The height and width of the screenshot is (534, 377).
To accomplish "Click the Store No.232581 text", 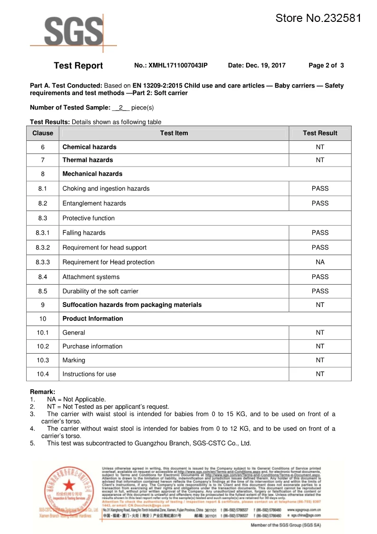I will pyautogui.click(x=318, y=19).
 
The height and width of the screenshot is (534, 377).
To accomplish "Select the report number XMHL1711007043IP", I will pyautogui.click(x=171, y=66).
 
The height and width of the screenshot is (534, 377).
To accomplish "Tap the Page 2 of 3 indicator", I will pyautogui.click(x=326, y=66).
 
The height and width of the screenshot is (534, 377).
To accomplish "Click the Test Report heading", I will pyautogui.click(x=78, y=66).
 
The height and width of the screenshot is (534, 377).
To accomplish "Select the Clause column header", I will pyautogui.click(x=43, y=133).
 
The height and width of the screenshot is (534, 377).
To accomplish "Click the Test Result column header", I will pyautogui.click(x=320, y=133).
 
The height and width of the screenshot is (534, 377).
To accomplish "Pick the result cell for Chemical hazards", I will pyautogui.click(x=320, y=147).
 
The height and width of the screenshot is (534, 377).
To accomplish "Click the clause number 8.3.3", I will pyautogui.click(x=43, y=262).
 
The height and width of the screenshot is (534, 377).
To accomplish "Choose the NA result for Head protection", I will pyautogui.click(x=320, y=262).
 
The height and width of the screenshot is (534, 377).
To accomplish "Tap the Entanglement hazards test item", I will pyautogui.click(x=94, y=203).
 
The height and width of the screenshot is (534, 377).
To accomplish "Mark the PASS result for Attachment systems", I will pyautogui.click(x=320, y=277).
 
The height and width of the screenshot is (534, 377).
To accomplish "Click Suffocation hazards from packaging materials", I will pyautogui.click(x=132, y=305).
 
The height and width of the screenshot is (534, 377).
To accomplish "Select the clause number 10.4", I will pyautogui.click(x=43, y=374).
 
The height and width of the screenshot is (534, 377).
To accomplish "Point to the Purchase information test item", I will pyautogui.click(x=92, y=346).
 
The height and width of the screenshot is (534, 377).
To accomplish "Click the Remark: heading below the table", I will pyautogui.click(x=42, y=392).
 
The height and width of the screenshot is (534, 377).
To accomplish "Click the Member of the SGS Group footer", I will pyautogui.click(x=286, y=525).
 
